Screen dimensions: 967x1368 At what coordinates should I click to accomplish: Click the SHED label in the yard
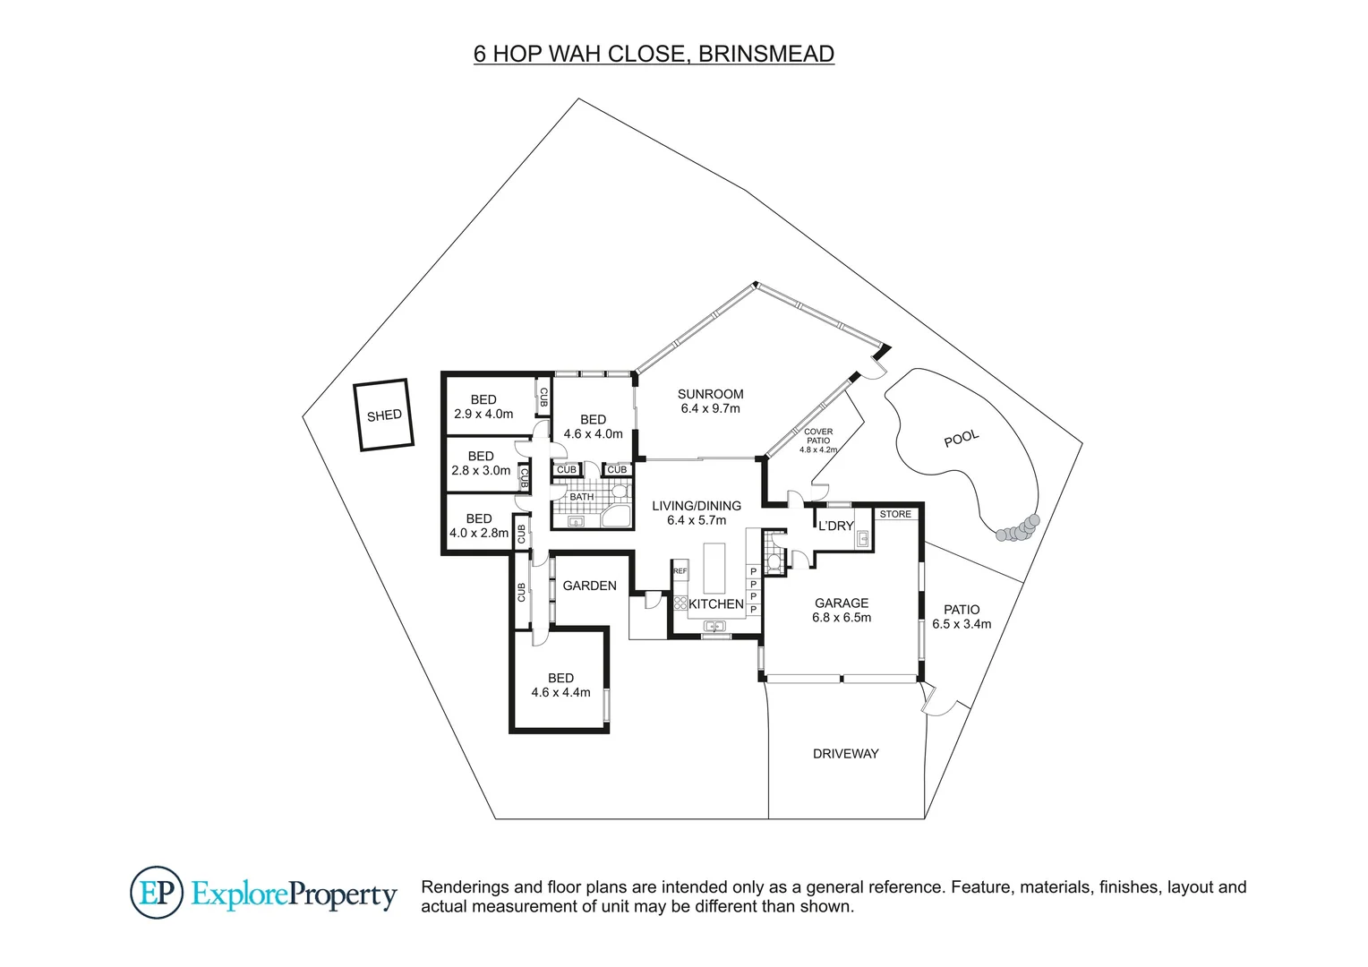click(384, 415)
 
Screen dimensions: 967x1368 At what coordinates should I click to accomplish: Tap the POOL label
click(962, 438)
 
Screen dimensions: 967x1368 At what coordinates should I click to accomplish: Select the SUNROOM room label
click(710, 394)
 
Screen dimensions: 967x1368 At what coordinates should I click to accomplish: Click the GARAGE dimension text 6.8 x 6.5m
click(842, 618)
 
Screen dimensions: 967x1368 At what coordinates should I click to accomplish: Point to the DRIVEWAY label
click(845, 754)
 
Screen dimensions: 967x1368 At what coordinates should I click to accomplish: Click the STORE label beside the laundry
click(895, 514)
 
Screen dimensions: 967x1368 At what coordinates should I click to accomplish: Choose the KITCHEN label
click(715, 604)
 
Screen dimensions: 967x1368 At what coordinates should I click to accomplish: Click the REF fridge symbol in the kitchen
click(680, 571)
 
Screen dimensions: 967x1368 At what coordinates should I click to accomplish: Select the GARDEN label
click(589, 586)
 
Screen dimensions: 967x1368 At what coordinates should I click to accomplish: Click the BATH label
click(581, 497)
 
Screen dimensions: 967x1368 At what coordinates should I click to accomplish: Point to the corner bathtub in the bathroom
click(617, 518)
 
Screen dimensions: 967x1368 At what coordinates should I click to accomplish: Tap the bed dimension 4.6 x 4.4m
click(560, 692)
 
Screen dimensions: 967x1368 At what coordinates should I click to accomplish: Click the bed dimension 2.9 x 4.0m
click(483, 414)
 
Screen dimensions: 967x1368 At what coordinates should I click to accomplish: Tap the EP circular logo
click(158, 893)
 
